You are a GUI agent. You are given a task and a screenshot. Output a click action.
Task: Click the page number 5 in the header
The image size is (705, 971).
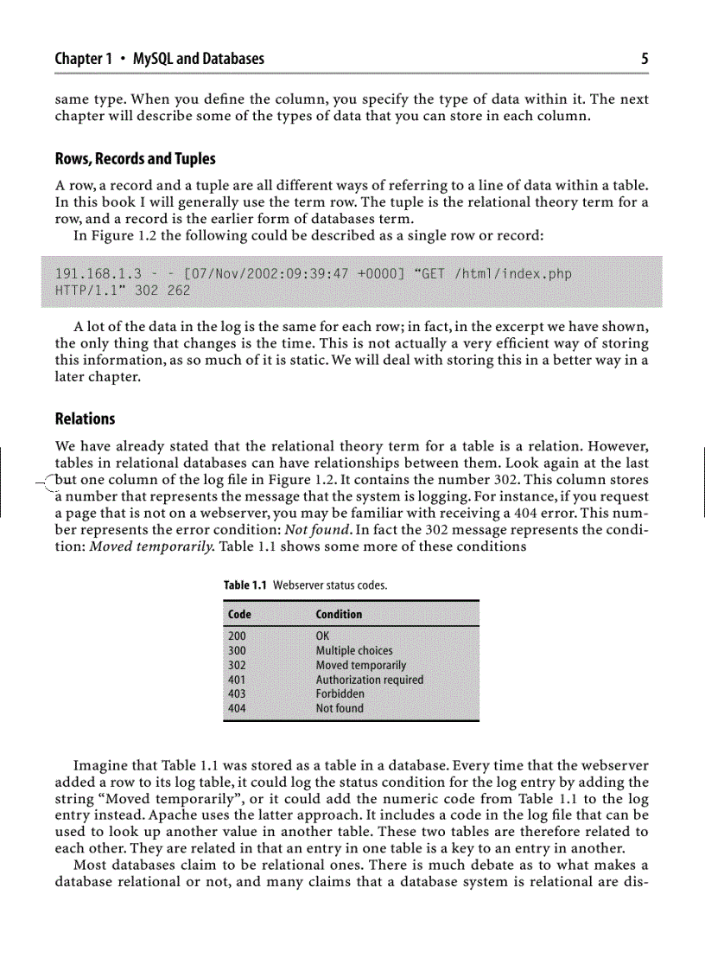point(645,60)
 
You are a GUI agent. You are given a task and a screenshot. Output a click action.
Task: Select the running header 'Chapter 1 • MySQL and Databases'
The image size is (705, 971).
point(159,60)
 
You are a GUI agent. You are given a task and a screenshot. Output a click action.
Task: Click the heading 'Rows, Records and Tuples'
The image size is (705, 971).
point(135,159)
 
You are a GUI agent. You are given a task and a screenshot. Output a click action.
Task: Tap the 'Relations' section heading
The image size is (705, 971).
point(85,418)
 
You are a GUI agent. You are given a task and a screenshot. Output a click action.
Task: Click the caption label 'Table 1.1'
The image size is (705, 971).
point(246,585)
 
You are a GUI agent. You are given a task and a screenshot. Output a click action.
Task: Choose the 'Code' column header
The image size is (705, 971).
point(239,614)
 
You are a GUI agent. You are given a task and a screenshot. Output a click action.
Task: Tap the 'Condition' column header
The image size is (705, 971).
point(339,614)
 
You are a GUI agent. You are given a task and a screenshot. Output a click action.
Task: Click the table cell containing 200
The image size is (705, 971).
point(236,636)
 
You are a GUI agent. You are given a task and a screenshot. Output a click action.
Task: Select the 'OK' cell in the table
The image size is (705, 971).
point(323,636)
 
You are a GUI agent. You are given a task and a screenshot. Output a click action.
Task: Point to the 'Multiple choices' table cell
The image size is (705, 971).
point(353,650)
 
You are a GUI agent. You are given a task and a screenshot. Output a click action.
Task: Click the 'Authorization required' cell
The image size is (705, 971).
point(369,680)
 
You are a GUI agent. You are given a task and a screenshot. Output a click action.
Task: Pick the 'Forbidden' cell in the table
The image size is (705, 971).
point(340,693)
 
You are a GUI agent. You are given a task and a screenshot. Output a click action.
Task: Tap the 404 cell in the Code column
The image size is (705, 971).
point(236,708)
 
